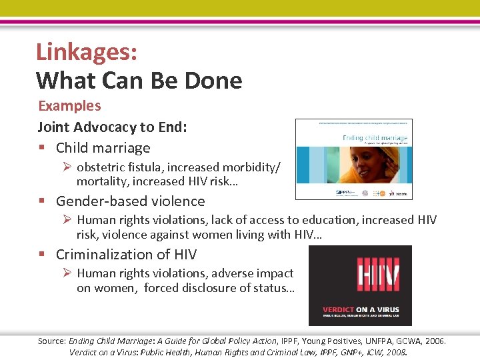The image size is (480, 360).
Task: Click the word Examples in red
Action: coord(69,106)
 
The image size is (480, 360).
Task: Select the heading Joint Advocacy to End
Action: coord(112,127)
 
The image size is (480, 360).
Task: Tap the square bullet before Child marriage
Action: coord(41,148)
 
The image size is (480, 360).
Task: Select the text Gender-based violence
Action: coord(130,201)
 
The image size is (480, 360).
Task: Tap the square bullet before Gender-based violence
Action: coord(41,201)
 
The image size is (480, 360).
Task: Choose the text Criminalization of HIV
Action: coord(126,254)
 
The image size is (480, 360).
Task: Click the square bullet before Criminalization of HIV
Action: coord(41,255)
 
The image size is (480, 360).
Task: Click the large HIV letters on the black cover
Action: coord(359,274)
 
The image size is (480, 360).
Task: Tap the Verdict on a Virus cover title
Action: coord(359,309)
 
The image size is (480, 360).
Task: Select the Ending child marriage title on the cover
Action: coord(375,138)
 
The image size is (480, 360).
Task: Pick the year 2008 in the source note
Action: coord(395,352)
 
